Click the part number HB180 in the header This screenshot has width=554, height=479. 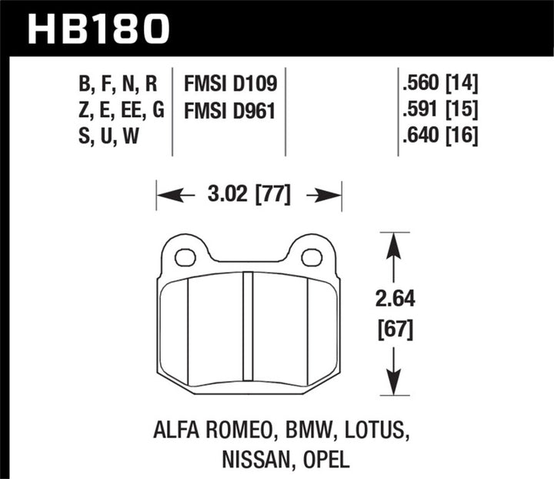(x=98, y=27)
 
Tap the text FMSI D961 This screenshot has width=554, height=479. (x=230, y=111)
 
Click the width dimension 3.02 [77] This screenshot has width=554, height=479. (x=249, y=196)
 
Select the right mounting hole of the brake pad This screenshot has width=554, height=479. (x=312, y=257)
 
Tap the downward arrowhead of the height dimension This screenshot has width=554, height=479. (x=393, y=382)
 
